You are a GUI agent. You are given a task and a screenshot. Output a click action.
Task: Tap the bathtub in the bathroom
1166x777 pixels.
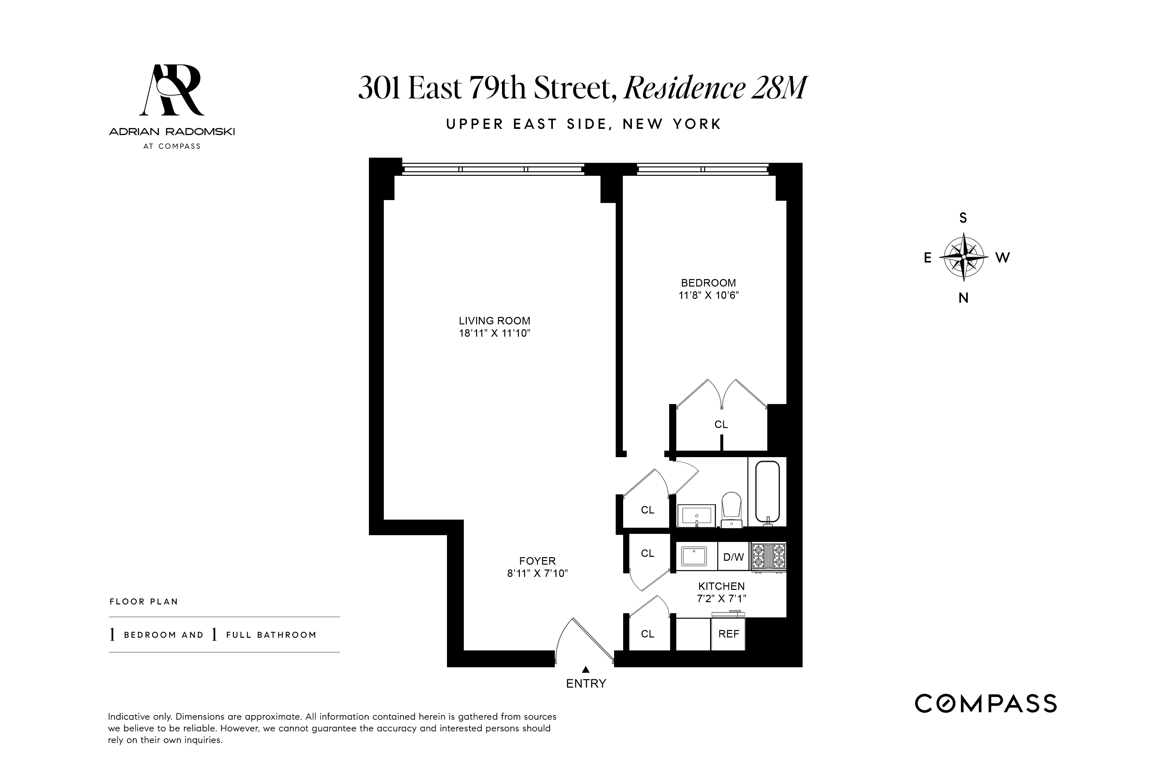pyautogui.click(x=767, y=492)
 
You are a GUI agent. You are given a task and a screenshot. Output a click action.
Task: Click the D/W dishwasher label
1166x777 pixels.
pyautogui.click(x=734, y=557)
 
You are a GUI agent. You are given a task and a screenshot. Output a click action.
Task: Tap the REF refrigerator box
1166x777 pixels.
pyautogui.click(x=728, y=634)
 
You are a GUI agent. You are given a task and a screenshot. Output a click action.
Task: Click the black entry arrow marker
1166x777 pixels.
pyautogui.click(x=586, y=669)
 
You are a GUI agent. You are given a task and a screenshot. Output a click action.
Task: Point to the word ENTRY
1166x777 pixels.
pyautogui.click(x=586, y=684)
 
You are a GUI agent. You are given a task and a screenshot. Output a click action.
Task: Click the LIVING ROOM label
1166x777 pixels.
pyautogui.click(x=494, y=321)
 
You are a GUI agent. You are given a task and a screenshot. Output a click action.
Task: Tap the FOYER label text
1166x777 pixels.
pyautogui.click(x=537, y=561)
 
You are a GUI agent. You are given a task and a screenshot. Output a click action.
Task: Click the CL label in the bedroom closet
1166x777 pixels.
pyautogui.click(x=721, y=425)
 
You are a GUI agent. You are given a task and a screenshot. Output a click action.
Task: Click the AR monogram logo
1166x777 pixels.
pyautogui.click(x=172, y=90)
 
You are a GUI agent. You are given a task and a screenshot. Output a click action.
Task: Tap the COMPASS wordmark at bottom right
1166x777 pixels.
pyautogui.click(x=986, y=704)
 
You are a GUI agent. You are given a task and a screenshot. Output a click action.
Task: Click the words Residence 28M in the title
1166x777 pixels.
pyautogui.click(x=715, y=88)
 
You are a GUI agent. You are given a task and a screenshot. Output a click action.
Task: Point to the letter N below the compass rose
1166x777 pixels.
pyautogui.click(x=963, y=298)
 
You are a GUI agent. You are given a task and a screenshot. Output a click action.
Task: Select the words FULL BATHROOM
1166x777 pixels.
pyautogui.click(x=271, y=635)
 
